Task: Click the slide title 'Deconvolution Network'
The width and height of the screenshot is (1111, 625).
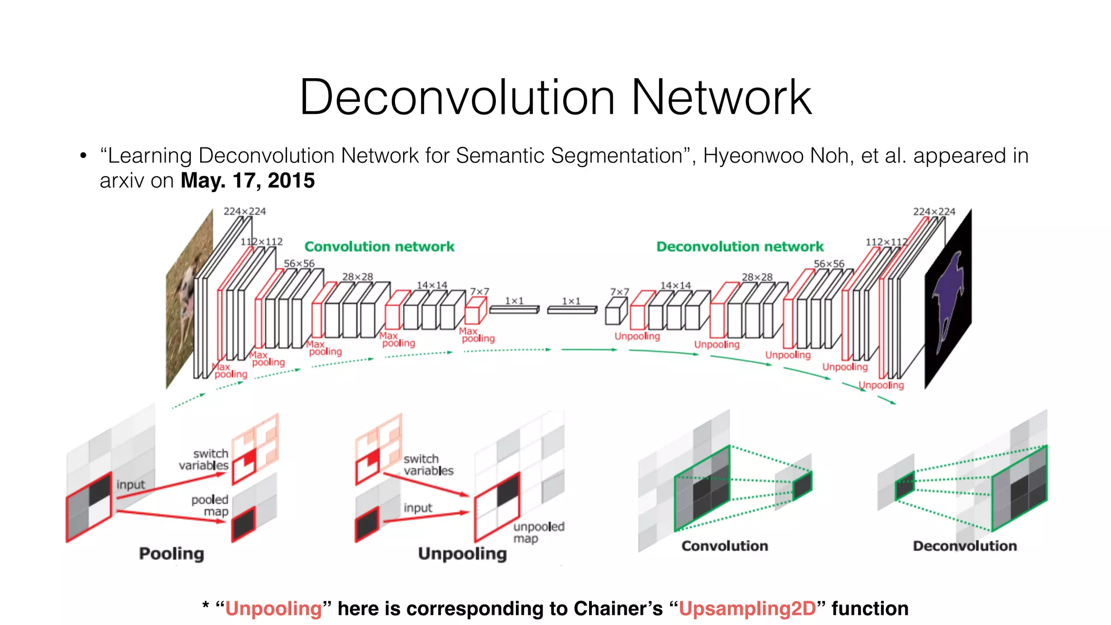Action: pos(555,97)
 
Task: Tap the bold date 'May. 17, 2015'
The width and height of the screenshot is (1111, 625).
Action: pos(247,181)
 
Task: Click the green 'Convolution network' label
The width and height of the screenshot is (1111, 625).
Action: pos(379,247)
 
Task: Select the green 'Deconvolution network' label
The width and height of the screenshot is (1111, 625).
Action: pos(740,247)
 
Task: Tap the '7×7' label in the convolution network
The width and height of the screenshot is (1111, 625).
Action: pos(480,292)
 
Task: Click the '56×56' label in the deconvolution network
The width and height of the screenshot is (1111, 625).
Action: pos(829,264)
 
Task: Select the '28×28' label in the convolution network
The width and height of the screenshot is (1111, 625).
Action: pos(357,277)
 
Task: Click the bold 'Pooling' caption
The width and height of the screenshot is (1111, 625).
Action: pos(171,553)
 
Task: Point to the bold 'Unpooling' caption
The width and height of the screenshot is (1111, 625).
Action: pos(462,553)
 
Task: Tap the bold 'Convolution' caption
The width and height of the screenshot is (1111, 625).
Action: pos(725,546)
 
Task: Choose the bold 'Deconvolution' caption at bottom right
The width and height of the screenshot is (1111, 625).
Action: pos(965,546)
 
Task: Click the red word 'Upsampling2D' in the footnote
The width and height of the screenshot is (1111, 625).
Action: pos(747,609)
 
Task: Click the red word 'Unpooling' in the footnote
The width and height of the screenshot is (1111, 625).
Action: pos(273,609)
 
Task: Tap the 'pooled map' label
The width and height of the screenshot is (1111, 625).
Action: pos(210,505)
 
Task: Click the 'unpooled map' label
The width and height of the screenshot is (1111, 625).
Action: pos(538,532)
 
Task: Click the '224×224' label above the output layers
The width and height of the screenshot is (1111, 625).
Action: pos(934,212)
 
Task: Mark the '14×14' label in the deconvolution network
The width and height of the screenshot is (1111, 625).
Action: pos(675,285)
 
